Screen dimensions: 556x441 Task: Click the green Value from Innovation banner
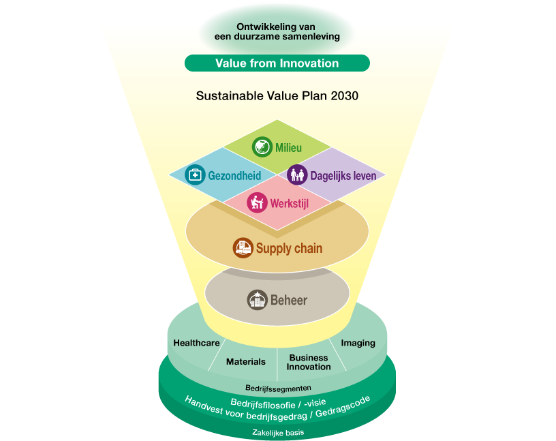[277, 63]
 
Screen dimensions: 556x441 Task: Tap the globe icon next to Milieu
[262, 147]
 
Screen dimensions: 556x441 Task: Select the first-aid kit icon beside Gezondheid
[195, 174]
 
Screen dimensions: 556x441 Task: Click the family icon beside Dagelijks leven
[297, 174]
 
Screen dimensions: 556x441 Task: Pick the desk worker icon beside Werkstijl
[257, 202]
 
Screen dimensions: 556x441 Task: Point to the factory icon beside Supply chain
[243, 247]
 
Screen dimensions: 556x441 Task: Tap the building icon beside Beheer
[257, 300]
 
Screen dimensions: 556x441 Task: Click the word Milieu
[289, 148]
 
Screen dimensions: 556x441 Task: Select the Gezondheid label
[234, 176]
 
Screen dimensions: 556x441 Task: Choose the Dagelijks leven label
[343, 176]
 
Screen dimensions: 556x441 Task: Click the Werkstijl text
[290, 204]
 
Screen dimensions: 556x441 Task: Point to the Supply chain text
[290, 249]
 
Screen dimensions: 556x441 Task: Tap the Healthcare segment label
[196, 343]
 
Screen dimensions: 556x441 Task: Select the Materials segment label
[246, 362]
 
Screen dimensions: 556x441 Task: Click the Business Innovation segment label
[309, 362]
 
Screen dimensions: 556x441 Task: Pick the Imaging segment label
[358, 343]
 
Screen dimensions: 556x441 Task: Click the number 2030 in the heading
[344, 96]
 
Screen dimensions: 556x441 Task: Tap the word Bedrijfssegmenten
[279, 389]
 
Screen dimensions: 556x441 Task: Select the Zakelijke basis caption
[278, 433]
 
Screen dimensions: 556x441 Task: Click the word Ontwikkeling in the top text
[262, 27]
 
